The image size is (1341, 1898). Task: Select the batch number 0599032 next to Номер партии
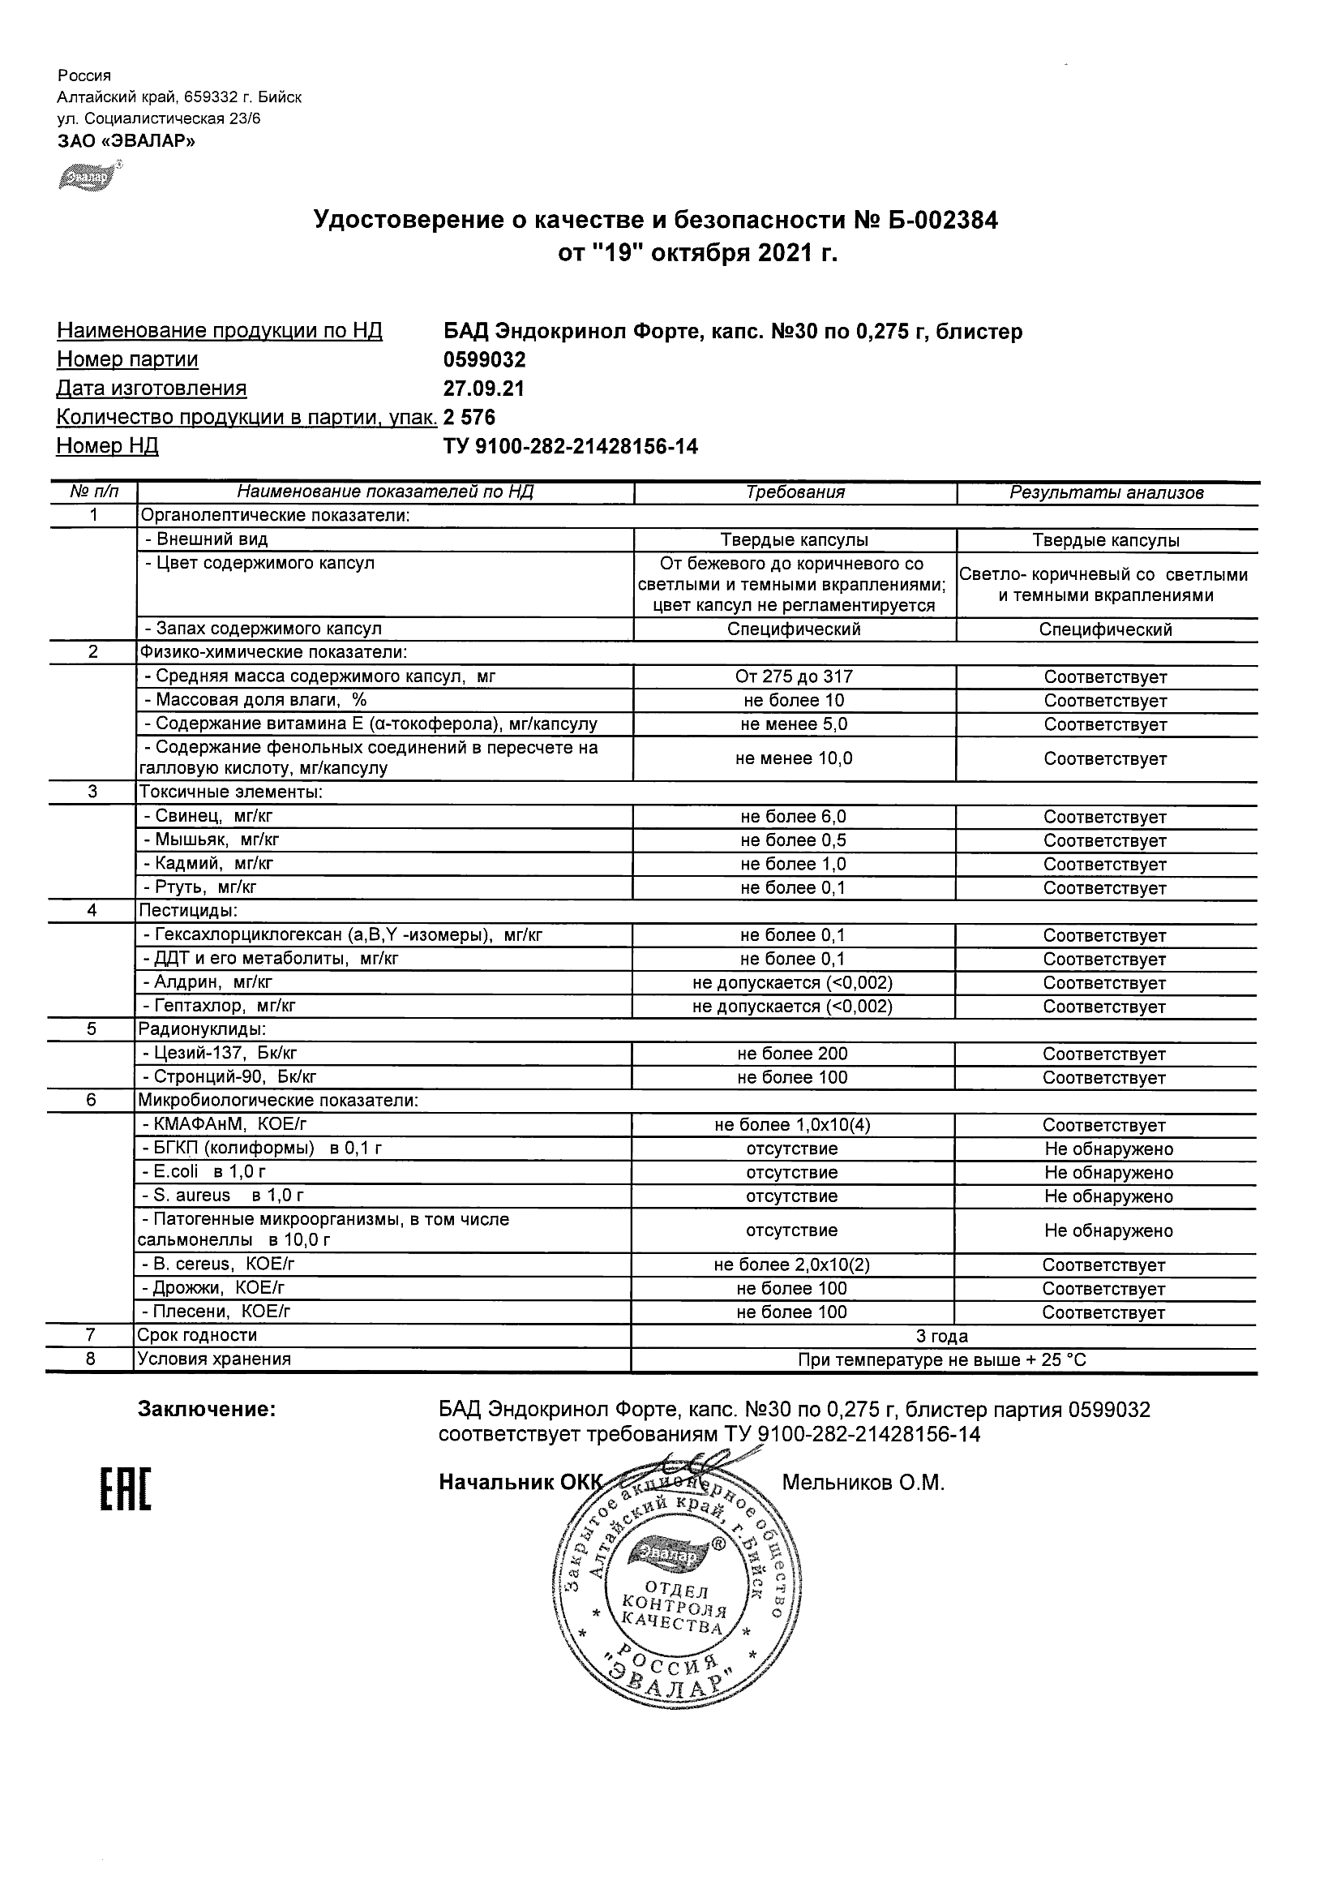coord(484,359)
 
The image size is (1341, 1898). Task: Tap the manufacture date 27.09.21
coord(484,389)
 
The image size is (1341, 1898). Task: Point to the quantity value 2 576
coord(469,418)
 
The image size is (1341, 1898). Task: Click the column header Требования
coord(795,492)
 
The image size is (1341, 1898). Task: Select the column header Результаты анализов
coord(1107,493)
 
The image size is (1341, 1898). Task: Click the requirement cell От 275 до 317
coord(793,677)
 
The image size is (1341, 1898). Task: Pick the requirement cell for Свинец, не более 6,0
coord(793,817)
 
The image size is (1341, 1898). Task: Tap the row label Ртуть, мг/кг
coord(206,888)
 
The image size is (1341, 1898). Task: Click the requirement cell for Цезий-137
coord(792,1054)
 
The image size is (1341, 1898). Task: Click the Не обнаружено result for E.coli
coord(1108,1173)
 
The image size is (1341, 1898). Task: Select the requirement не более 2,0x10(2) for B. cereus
coord(792,1265)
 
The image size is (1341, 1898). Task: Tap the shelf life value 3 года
coord(942,1337)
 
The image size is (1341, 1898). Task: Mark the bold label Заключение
coord(207,1410)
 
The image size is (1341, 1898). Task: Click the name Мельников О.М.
coord(863,1483)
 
